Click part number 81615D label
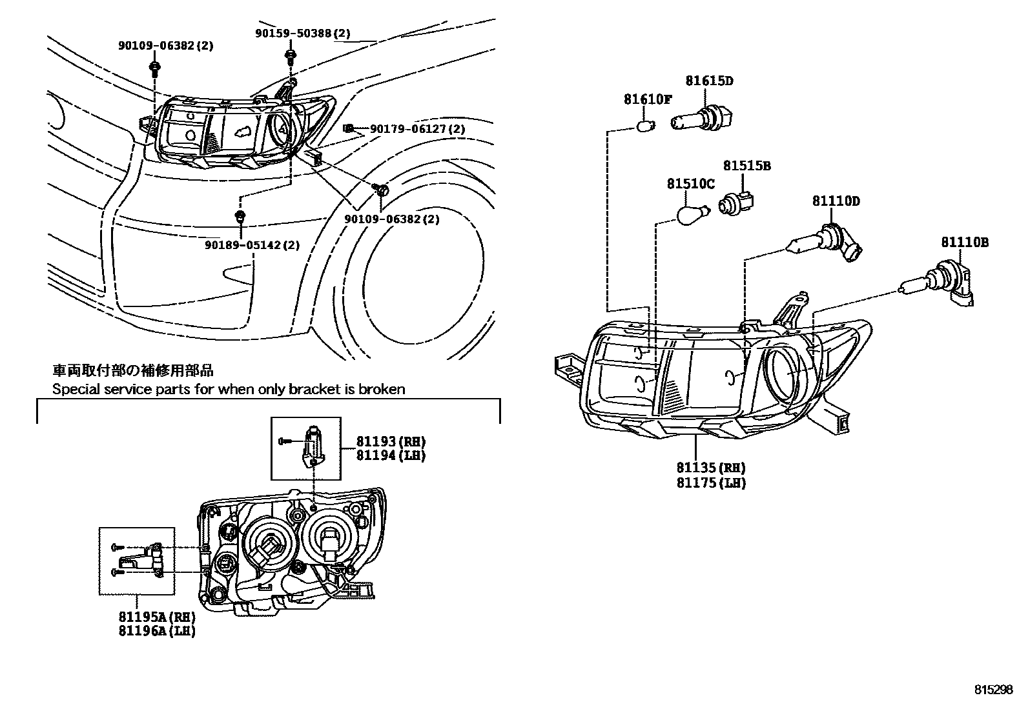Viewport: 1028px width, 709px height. [x=709, y=81]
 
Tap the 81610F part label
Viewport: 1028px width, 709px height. [x=648, y=99]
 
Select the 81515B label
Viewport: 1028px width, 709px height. [x=746, y=166]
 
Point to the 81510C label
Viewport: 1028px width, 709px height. [x=690, y=185]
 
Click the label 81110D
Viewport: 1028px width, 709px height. [x=836, y=201]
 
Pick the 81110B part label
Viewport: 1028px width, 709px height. [x=964, y=243]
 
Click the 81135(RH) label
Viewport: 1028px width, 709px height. [x=711, y=468]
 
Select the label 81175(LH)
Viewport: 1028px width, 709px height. [x=711, y=483]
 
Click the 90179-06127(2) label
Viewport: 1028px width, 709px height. [x=417, y=129]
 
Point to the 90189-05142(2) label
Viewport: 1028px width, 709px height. [x=252, y=245]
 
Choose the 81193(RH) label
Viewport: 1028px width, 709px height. [x=391, y=441]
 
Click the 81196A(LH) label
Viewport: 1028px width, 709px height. [x=157, y=630]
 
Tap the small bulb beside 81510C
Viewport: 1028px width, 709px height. [x=692, y=214]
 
